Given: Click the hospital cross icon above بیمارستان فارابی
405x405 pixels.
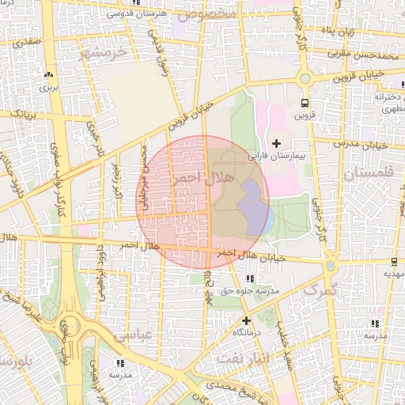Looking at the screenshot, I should [275, 142].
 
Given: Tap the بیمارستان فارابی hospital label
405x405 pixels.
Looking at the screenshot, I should [275, 156].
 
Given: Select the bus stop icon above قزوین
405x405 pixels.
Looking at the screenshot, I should [305, 103].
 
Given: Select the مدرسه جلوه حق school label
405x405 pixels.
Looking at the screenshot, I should [251, 291].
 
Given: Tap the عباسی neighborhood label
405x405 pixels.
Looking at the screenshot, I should [131, 335].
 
